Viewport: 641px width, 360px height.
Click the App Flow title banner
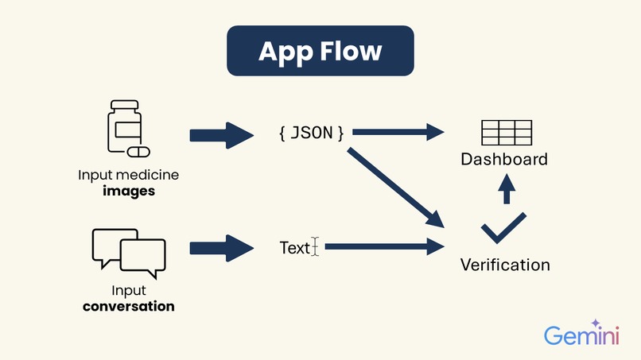tap(320, 52)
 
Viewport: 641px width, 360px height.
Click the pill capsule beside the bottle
tap(138, 151)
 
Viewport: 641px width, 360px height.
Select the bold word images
tap(128, 191)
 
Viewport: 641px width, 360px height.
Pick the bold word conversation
tap(128, 306)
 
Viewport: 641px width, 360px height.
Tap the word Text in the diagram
tap(294, 248)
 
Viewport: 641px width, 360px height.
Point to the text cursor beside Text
tap(315, 248)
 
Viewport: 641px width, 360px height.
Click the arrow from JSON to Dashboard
tap(398, 132)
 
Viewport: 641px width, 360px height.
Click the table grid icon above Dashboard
tap(507, 132)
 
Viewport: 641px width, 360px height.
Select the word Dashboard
tap(504, 159)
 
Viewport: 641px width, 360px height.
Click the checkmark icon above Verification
tap(504, 230)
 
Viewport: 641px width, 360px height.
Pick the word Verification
tap(505, 265)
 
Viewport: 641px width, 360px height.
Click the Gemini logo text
tap(581, 335)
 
